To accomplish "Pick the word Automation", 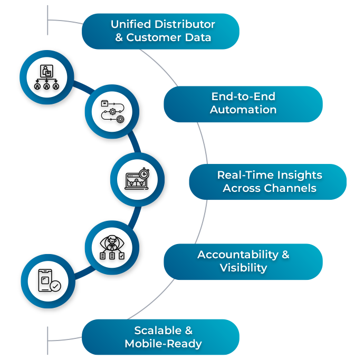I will click(243, 110).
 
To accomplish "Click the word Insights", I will click(298, 175).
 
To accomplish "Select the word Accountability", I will click(236, 255).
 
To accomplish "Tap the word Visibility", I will click(243, 268).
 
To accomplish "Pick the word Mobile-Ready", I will click(163, 344).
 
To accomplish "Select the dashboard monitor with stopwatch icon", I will click(137, 179).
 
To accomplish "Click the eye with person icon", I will click(112, 246).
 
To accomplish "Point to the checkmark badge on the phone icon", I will click(55, 286).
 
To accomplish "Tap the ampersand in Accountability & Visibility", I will click(285, 255).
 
